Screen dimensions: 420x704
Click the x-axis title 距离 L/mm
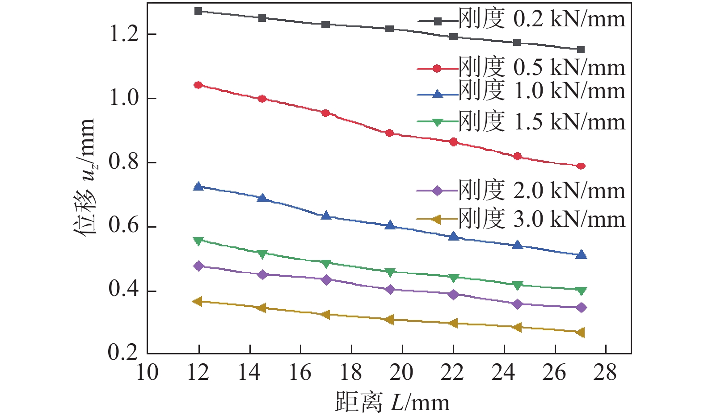pos(392,403)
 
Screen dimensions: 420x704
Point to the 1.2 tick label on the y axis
pos(124,34)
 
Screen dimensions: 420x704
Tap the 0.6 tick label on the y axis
pos(124,226)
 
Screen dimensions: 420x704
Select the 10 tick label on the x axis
pos(147,372)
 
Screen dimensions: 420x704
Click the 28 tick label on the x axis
pos(605,372)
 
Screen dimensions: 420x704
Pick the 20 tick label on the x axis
pos(402,372)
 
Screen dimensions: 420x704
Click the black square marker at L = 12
pos(198,11)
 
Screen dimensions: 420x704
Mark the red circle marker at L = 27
pos(581,166)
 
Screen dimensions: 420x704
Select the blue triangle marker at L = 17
pos(326,216)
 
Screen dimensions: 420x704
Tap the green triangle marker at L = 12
pos(198,241)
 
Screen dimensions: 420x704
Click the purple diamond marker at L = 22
pos(454,295)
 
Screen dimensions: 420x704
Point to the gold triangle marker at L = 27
pos(581,333)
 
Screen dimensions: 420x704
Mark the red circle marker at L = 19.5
pos(389,133)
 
